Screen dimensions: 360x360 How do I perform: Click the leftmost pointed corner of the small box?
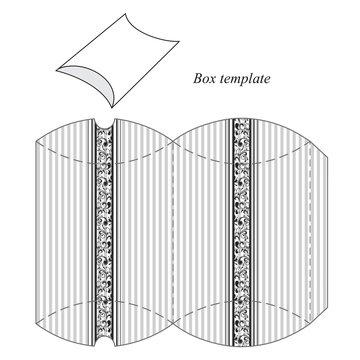56,72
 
